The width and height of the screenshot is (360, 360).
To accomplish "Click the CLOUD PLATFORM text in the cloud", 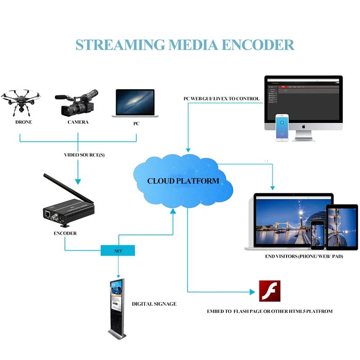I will click(183, 181).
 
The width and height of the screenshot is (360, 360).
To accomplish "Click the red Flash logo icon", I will click(270, 291).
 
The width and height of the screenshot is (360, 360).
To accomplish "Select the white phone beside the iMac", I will click(282, 127).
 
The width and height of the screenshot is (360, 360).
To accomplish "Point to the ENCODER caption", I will click(65, 233).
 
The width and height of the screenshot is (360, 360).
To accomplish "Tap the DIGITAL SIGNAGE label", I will click(154, 304).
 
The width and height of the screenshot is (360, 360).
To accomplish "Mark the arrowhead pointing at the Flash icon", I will click(252, 292).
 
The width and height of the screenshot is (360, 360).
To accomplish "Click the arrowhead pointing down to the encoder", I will click(78, 181).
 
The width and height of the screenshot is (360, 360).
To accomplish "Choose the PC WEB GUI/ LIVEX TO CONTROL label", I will click(218, 99).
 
